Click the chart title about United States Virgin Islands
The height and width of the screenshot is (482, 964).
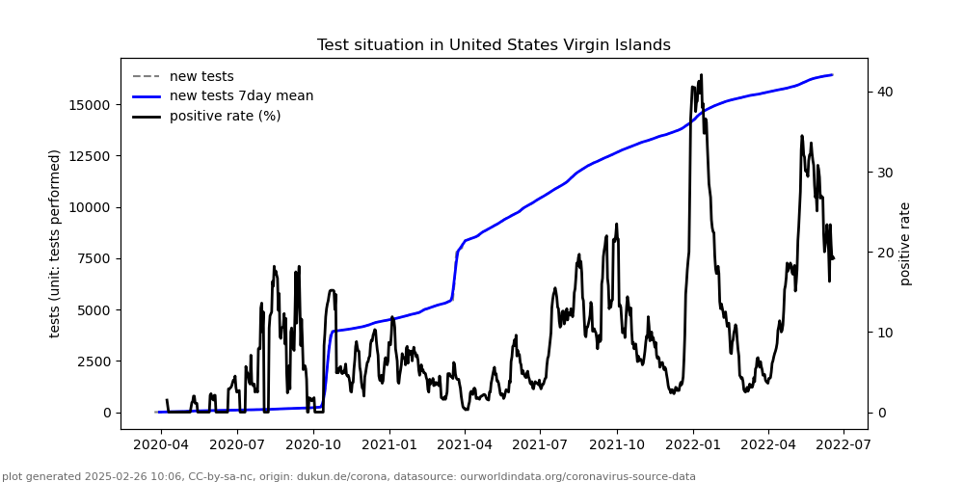click(494, 45)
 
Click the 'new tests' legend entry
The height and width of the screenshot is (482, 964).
click(201, 76)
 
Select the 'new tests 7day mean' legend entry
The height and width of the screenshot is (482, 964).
click(241, 95)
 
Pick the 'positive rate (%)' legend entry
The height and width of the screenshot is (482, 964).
click(225, 116)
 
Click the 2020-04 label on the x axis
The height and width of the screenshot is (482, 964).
click(161, 445)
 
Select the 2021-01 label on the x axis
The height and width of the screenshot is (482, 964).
click(388, 445)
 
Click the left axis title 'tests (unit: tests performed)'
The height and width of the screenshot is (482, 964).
click(55, 243)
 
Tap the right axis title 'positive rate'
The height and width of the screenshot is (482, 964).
click(905, 243)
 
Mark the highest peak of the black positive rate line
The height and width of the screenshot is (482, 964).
click(701, 74)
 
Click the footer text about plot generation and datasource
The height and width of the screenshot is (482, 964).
click(349, 476)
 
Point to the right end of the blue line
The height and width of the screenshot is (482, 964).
click(832, 75)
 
